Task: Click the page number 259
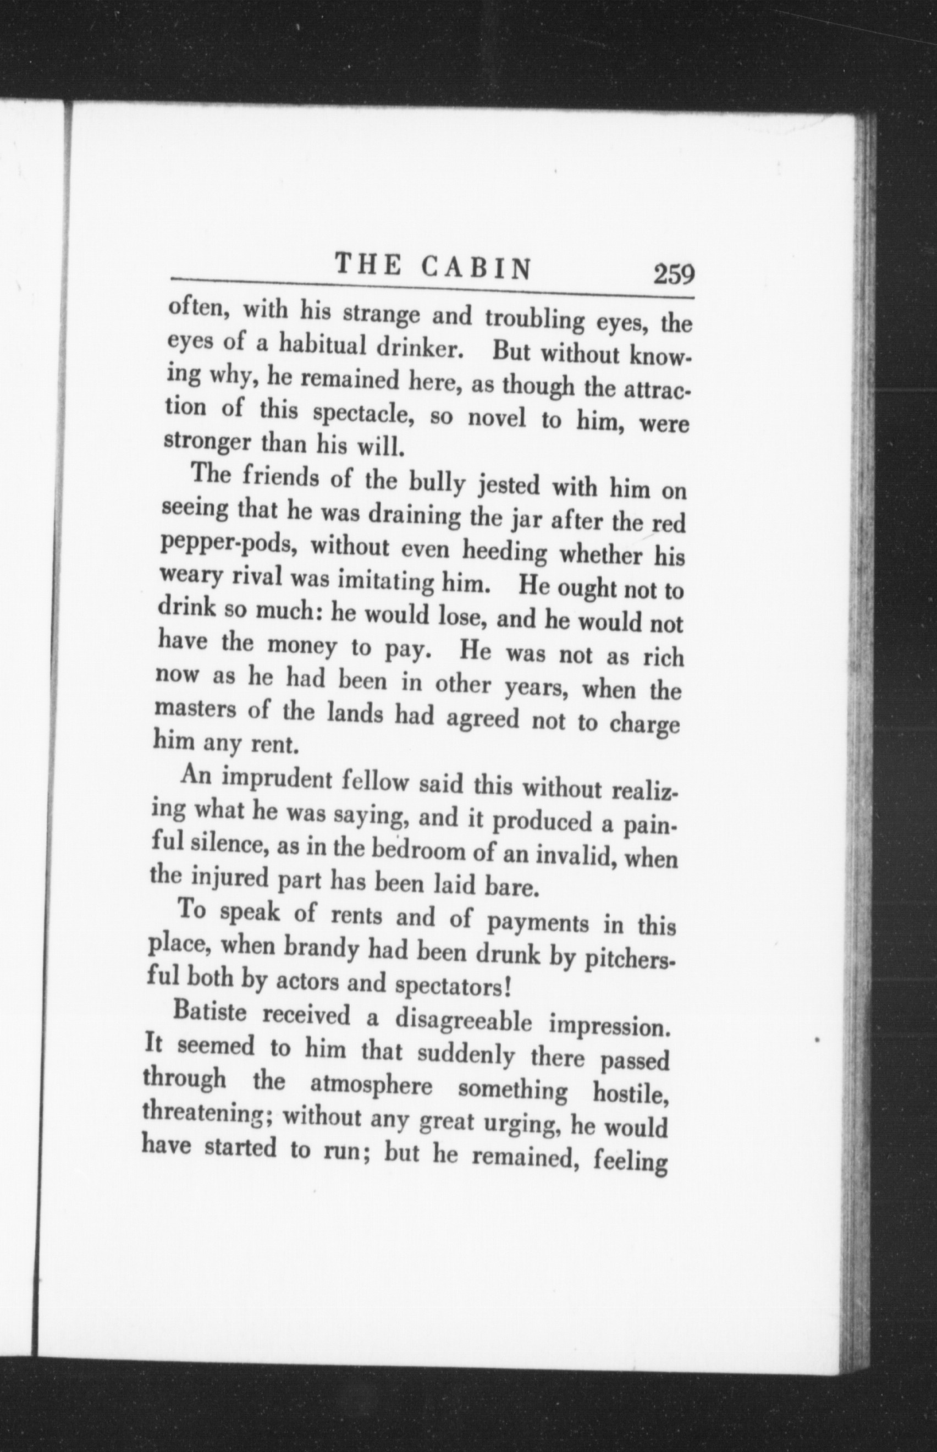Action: pyautogui.click(x=673, y=274)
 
